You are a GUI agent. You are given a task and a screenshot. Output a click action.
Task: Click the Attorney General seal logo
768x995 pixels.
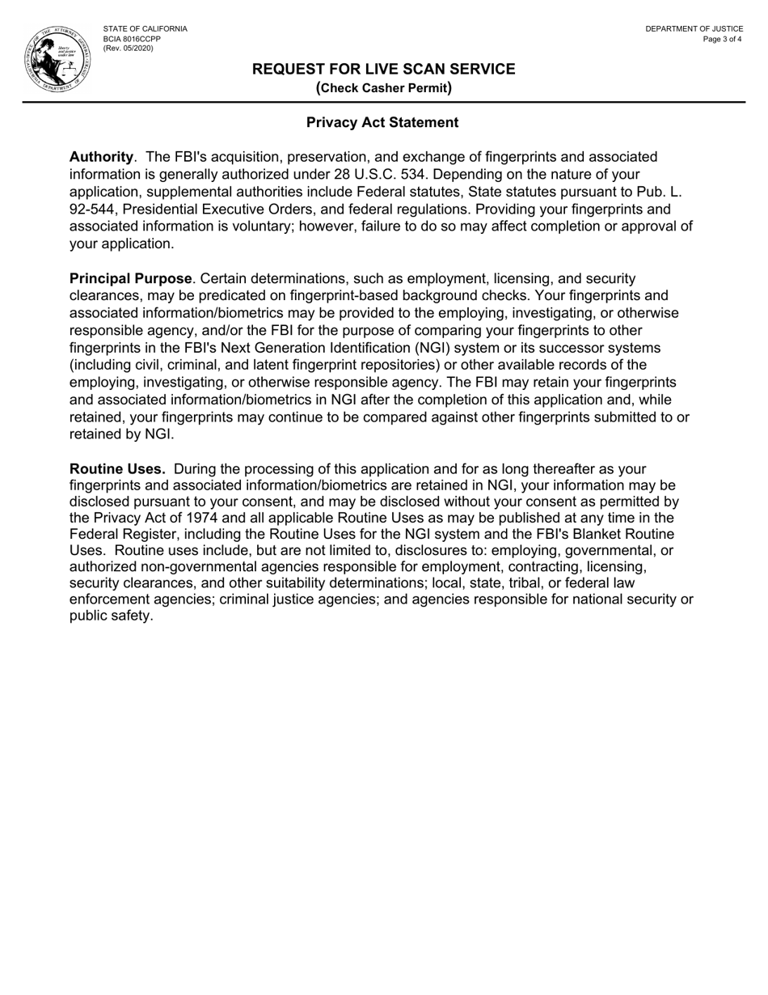(57, 58)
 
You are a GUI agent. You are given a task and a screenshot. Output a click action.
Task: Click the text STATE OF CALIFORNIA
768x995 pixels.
(145, 29)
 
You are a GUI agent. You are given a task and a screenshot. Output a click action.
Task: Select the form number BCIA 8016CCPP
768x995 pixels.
(132, 39)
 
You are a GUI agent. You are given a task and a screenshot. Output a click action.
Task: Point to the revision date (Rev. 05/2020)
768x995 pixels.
(128, 49)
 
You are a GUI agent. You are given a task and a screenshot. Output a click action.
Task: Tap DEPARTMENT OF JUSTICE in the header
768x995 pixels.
(694, 29)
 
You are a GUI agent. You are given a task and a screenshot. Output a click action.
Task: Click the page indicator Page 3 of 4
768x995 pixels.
(722, 39)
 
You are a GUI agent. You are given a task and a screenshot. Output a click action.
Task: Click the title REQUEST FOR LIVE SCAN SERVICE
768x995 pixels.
(383, 69)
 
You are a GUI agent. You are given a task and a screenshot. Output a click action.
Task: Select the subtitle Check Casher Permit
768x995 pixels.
(383, 87)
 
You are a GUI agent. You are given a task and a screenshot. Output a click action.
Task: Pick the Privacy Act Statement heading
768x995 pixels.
(382, 122)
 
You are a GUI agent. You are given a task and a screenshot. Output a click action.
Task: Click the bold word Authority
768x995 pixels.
(101, 157)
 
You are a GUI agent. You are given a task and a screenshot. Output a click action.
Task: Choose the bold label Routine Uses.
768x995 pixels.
(117, 469)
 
